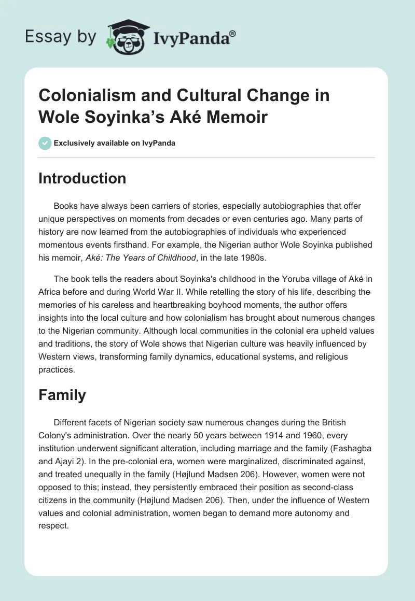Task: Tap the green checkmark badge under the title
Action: coord(45,143)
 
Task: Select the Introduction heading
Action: coord(82,178)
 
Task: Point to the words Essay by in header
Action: coord(60,37)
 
